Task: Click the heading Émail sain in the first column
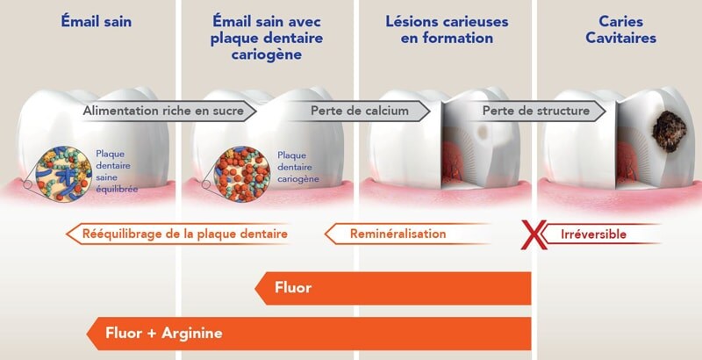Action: [97, 20]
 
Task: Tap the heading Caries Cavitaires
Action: [623, 29]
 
